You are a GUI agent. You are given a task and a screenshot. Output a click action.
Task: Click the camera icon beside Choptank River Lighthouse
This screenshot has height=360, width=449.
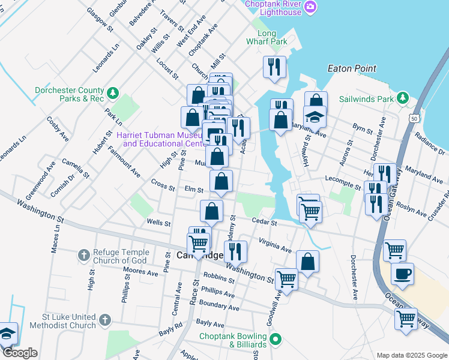click(310, 7)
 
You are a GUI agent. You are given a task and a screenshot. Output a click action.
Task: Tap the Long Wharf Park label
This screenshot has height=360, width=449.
click(267, 37)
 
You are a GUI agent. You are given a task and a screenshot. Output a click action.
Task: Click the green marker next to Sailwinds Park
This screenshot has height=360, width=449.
click(405, 98)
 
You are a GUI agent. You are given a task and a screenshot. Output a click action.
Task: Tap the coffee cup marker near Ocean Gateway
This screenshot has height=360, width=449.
click(402, 273)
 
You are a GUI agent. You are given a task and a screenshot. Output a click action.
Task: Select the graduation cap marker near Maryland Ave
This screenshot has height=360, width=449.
click(315, 115)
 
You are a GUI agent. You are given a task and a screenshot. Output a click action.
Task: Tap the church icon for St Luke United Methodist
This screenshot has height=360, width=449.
click(105, 320)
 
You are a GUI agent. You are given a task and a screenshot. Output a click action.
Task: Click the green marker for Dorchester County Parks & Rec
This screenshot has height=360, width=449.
click(112, 94)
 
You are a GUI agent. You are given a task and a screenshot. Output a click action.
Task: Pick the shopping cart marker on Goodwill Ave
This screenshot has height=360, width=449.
click(287, 279)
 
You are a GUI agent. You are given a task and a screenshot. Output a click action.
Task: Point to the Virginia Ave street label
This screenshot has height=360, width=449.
click(275, 245)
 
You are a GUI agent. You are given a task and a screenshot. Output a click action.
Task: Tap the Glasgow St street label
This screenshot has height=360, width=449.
click(100, 18)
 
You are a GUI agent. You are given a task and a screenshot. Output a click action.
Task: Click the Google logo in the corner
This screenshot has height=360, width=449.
click(20, 353)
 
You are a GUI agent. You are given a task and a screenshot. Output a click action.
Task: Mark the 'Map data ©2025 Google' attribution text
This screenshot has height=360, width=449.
click(411, 355)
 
